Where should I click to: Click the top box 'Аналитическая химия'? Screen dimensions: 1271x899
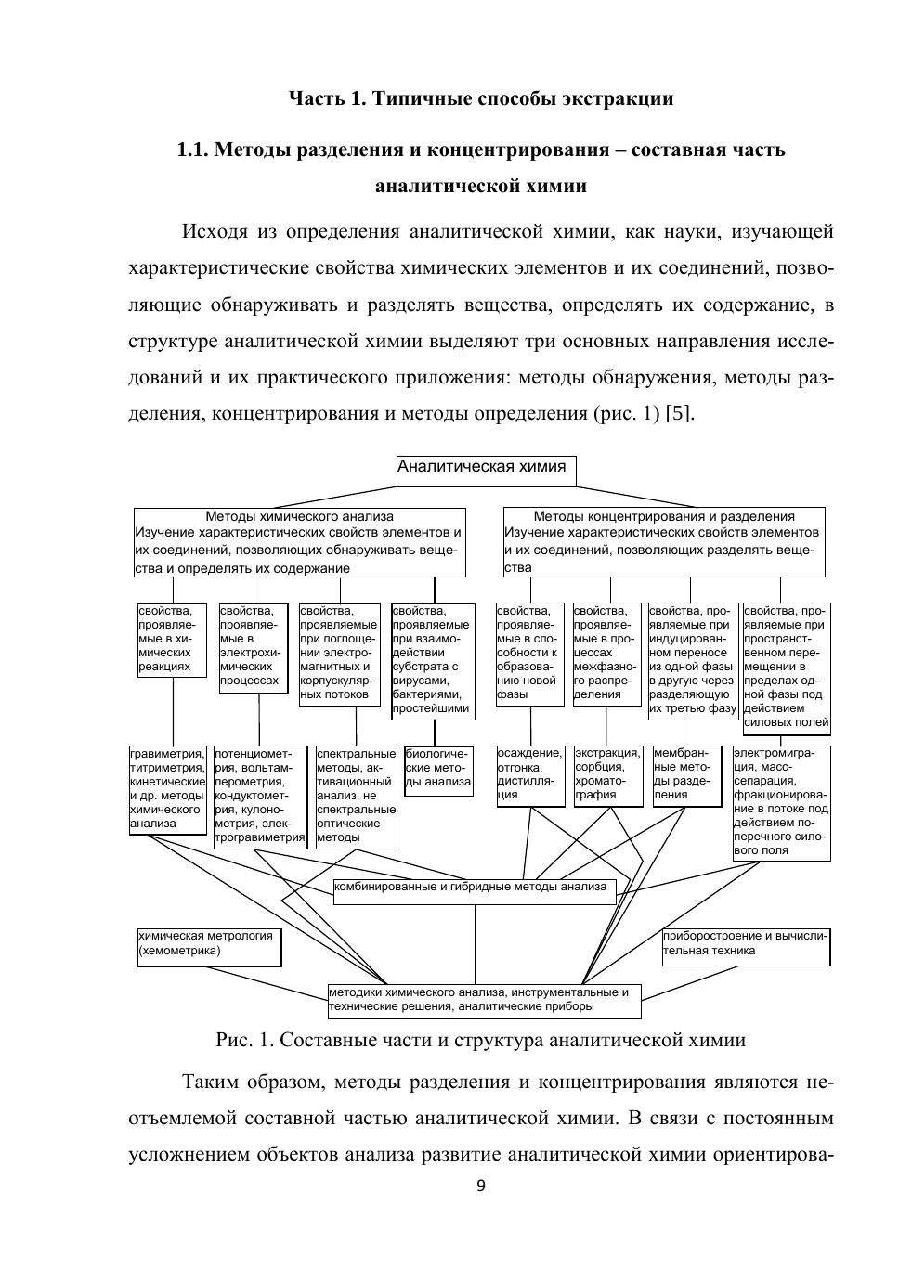[486, 470]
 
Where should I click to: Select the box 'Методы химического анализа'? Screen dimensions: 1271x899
[299, 542]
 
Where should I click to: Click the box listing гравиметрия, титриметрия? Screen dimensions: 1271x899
[167, 789]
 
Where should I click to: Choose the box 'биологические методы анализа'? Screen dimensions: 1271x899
[438, 769]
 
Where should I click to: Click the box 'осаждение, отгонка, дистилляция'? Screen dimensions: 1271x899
[530, 775]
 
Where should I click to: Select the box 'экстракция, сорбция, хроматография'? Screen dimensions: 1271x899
[607, 775]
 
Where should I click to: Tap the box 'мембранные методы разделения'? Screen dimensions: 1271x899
[686, 775]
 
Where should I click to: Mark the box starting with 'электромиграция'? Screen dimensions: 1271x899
[781, 802]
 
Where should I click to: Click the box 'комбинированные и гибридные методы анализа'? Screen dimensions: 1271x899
[475, 890]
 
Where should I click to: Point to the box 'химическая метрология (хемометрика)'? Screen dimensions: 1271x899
[209, 946]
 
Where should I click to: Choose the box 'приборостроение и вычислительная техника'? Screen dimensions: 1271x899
[746, 946]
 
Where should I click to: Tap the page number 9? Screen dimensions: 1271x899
[480, 1186]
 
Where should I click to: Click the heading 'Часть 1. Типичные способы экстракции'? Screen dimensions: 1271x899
[481, 98]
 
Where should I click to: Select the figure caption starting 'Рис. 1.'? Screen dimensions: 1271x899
[480, 1039]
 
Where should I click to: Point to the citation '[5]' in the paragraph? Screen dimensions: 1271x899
[679, 413]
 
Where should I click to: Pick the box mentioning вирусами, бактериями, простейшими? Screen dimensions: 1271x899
[433, 660]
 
